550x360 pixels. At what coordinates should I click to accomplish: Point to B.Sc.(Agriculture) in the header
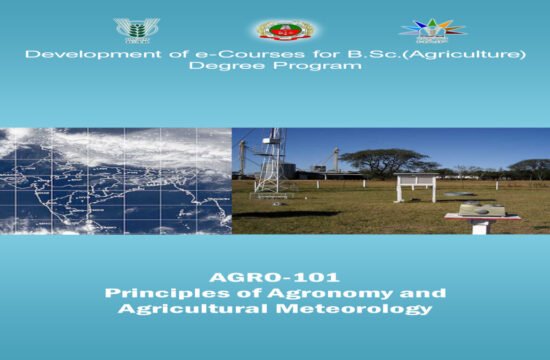click(x=440, y=53)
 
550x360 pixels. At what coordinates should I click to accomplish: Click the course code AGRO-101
click(x=274, y=277)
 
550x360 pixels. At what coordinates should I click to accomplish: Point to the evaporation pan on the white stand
click(x=483, y=210)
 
